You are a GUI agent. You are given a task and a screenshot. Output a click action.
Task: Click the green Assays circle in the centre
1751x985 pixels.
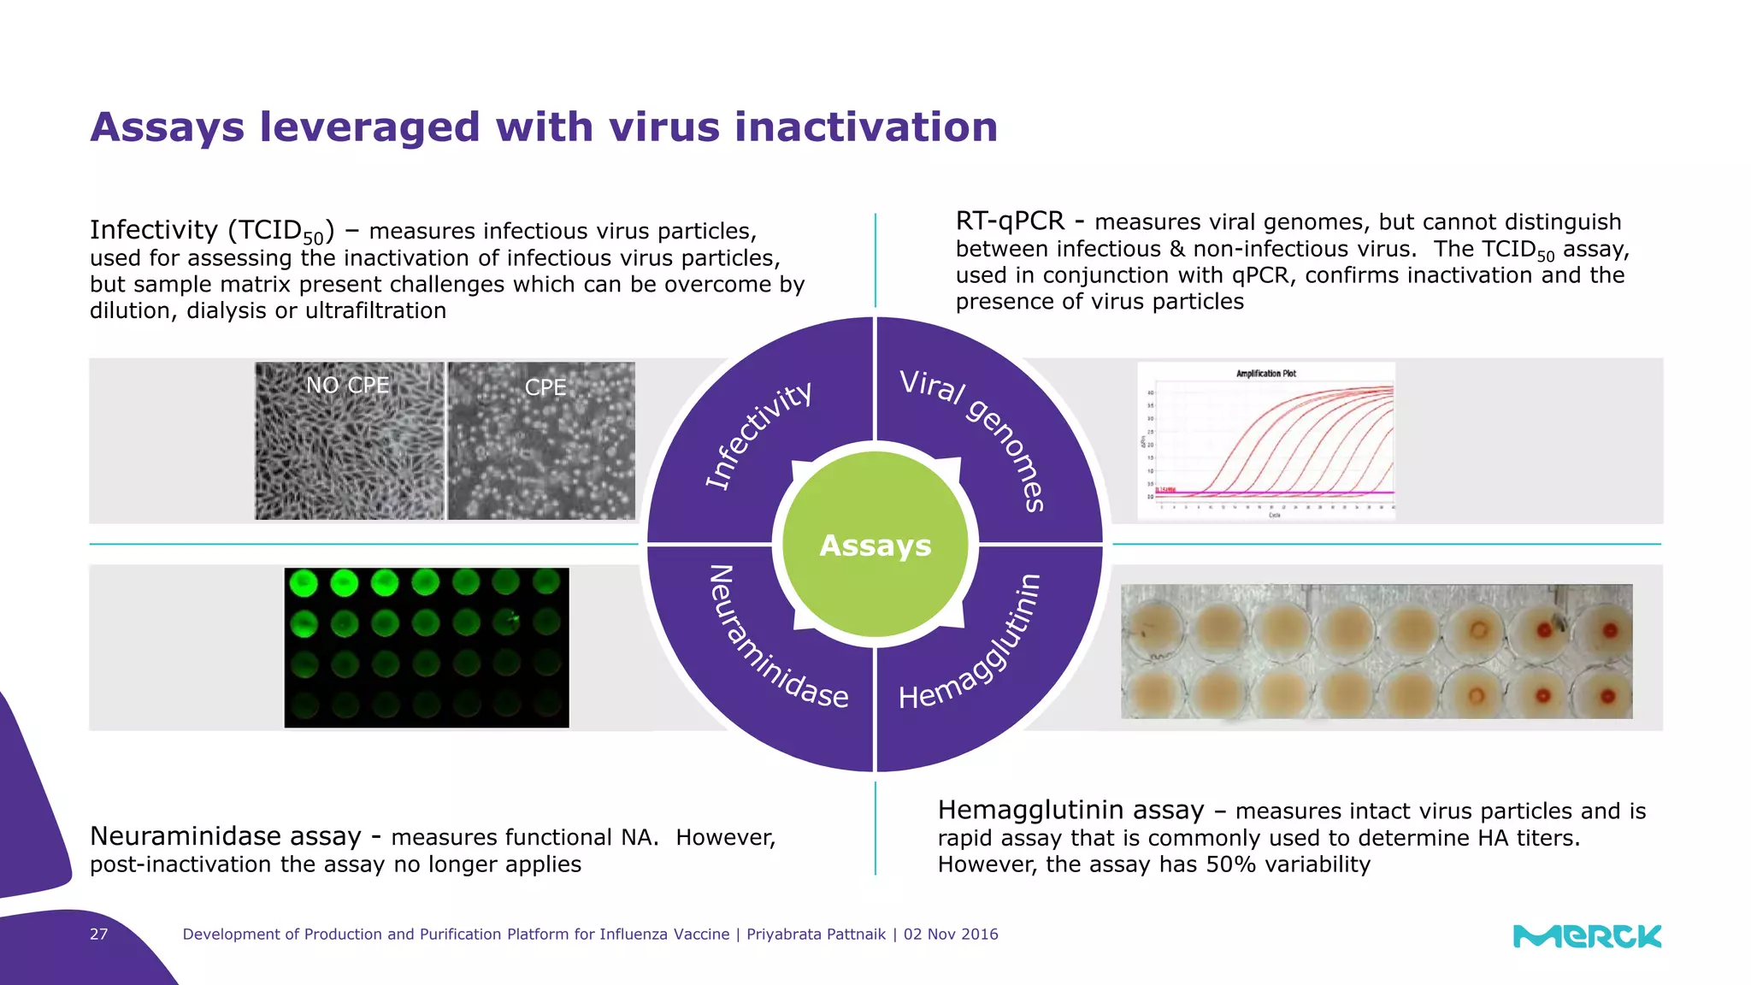tap(875, 545)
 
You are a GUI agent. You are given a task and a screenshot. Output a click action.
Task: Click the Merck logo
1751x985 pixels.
tap(1587, 936)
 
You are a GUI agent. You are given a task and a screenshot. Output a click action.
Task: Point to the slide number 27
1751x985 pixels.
tap(99, 935)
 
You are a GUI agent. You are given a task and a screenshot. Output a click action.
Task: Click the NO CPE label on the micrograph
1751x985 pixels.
tap(347, 386)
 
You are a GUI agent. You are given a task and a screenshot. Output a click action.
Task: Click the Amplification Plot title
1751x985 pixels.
tap(1265, 374)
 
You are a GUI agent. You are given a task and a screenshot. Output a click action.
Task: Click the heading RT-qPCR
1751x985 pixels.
tap(1010, 221)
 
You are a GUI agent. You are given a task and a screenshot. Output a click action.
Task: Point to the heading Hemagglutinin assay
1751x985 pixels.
tap(1070, 810)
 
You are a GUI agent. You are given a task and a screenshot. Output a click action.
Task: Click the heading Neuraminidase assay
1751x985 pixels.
tap(226, 836)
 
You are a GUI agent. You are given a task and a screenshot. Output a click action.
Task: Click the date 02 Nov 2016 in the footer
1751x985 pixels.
tap(951, 935)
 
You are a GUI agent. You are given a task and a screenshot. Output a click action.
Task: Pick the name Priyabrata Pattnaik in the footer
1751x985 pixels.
tap(816, 935)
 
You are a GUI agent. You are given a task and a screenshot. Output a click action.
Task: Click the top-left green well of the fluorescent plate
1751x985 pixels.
tap(304, 584)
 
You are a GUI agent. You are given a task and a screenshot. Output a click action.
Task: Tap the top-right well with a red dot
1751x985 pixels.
tap(1610, 631)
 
